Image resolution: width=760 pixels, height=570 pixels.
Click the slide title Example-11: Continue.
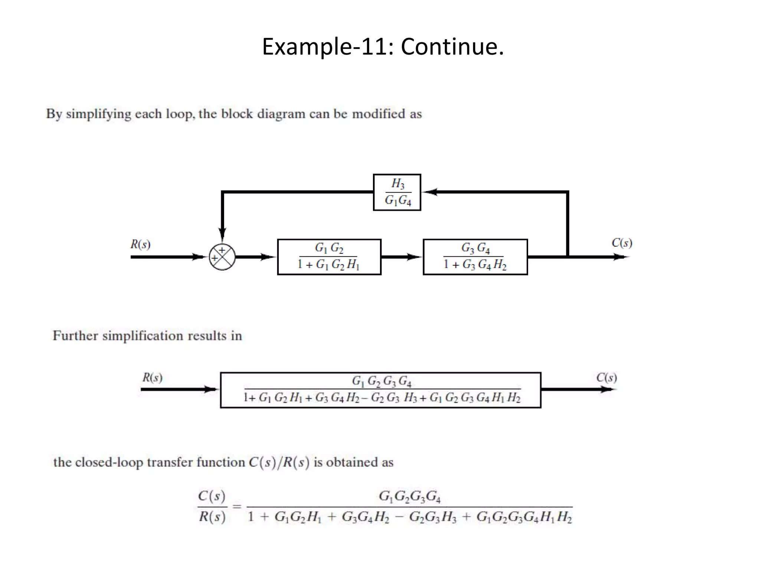click(383, 47)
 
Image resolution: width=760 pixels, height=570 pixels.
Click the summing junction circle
click(222, 257)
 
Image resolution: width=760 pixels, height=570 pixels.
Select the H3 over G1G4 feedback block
click(397, 192)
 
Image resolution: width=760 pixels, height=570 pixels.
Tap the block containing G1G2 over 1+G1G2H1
click(329, 257)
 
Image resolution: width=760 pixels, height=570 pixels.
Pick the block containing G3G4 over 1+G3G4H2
click(475, 257)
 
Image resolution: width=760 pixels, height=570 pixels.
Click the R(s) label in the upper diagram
click(140, 245)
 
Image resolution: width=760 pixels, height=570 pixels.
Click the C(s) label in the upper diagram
click(622, 243)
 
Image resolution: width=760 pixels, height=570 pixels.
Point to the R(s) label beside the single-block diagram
click(153, 378)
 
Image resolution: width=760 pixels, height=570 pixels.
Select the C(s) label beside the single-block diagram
click(606, 378)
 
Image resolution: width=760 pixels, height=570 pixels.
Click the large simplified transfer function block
click(380, 390)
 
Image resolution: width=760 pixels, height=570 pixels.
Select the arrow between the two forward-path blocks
click(402, 257)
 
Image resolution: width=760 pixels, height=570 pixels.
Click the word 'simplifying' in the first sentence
click(98, 114)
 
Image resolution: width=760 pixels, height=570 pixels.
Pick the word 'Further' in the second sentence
click(75, 336)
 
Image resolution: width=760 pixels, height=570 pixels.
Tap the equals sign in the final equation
click(237, 506)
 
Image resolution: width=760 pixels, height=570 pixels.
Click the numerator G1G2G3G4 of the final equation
click(409, 497)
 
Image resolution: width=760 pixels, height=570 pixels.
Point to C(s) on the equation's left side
click(212, 496)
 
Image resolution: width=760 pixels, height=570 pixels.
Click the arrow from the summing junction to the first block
click(256, 257)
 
